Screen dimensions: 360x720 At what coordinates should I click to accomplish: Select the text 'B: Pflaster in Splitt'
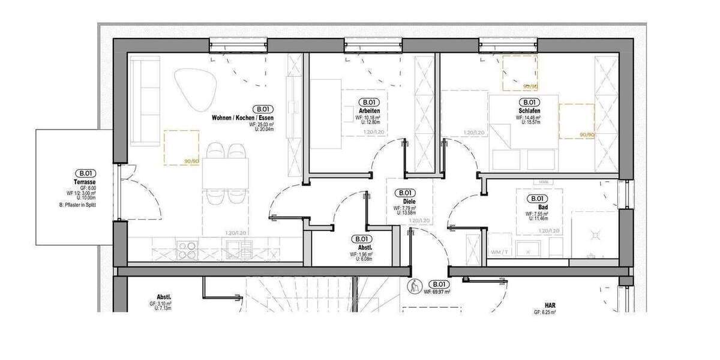click(x=78, y=205)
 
